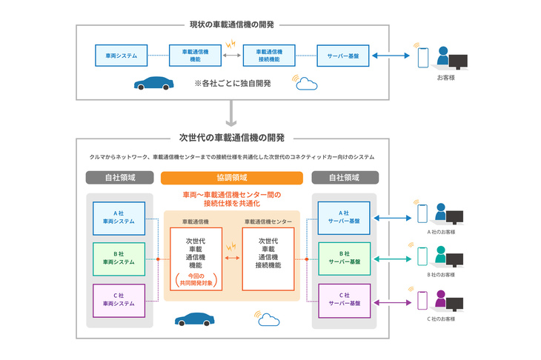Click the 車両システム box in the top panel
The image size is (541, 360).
point(121,56)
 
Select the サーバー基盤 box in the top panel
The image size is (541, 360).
point(343,56)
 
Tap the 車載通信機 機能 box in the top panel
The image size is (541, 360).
point(195,56)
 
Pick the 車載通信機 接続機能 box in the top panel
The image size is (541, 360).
point(269,56)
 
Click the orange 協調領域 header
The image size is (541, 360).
point(232,178)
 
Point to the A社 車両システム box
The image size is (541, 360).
point(119,217)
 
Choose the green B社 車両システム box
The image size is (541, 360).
point(119,258)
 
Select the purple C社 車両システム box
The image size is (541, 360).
point(119,300)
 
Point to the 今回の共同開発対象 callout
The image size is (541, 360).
point(194,281)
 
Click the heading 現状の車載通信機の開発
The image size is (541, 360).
point(232,24)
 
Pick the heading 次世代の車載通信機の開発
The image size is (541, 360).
point(232,137)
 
